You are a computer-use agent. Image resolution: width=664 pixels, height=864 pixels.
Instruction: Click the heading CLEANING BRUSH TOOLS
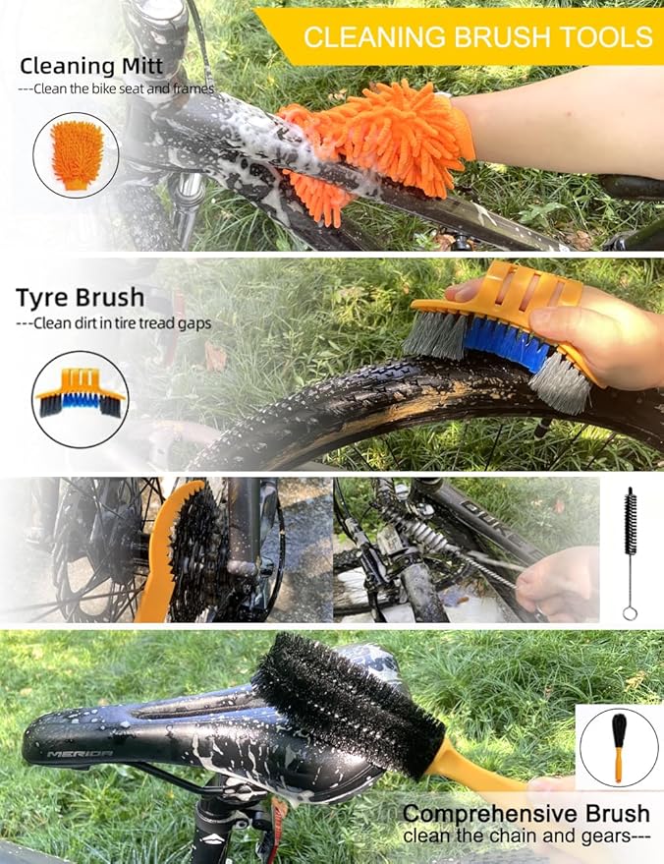(x=477, y=37)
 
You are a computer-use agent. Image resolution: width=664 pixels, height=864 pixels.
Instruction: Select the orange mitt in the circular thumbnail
(x=75, y=153)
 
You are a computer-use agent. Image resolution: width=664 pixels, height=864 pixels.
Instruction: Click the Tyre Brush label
(x=80, y=297)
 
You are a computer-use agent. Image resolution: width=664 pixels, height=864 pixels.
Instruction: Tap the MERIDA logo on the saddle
(x=80, y=754)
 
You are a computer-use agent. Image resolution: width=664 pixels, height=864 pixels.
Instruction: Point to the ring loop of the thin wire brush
(x=630, y=611)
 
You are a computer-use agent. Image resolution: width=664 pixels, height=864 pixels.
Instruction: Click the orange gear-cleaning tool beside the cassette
(x=161, y=550)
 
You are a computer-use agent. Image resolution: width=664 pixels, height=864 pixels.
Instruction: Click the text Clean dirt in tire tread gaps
(x=119, y=322)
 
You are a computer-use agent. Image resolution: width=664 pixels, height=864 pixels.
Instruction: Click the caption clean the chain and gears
(x=526, y=836)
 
